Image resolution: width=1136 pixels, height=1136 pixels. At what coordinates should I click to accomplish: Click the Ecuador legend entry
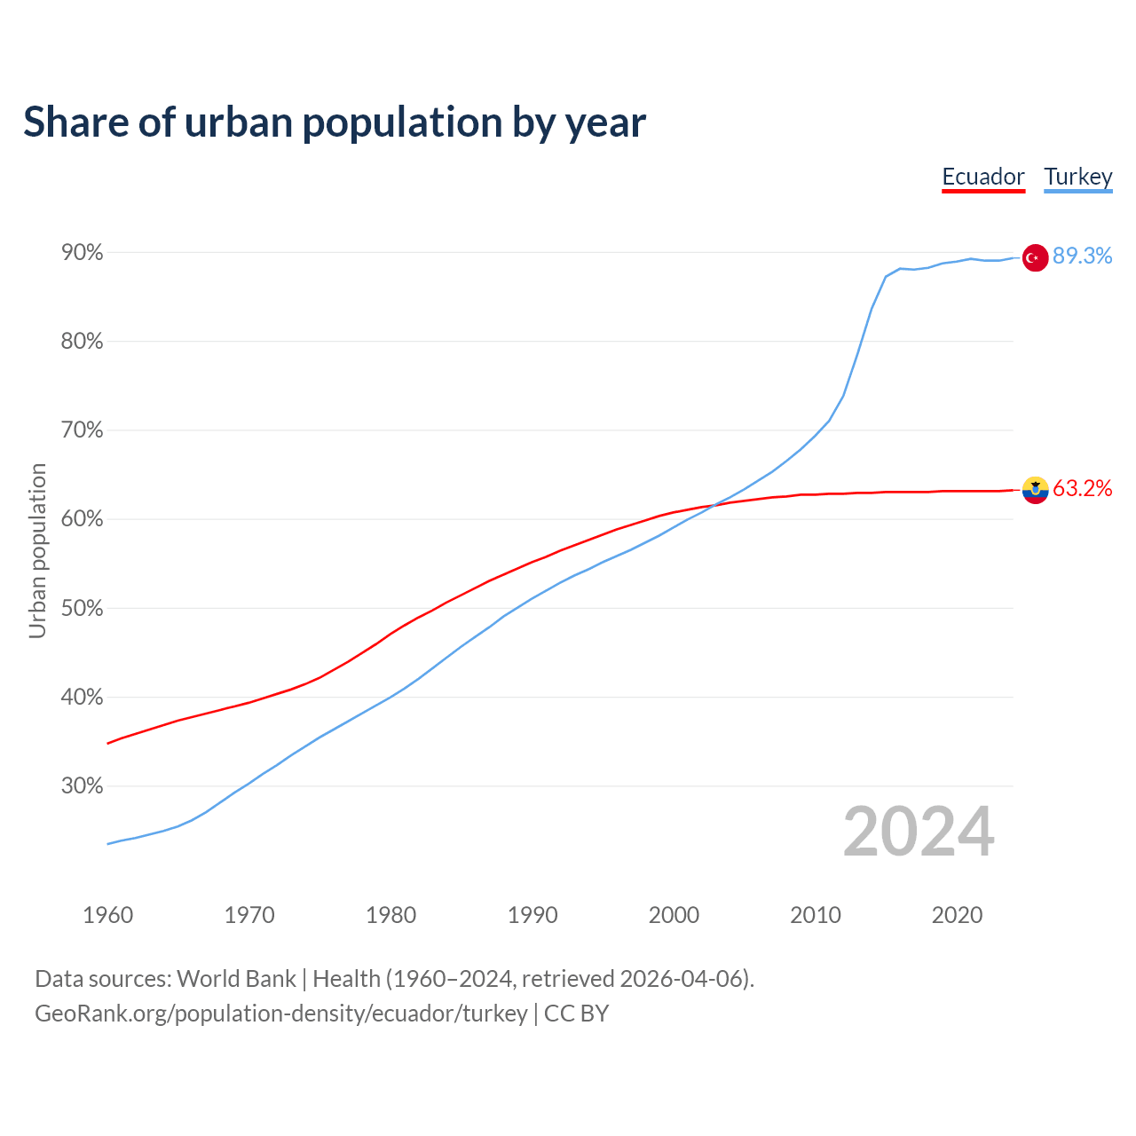coord(983,177)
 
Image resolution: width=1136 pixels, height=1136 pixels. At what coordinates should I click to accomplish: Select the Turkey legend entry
coord(1077,177)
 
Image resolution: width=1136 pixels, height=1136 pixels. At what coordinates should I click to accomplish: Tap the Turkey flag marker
coord(1035,257)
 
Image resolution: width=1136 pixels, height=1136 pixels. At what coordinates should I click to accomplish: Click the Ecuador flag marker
coord(1035,489)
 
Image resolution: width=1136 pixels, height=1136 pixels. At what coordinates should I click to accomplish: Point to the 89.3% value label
coord(1082,256)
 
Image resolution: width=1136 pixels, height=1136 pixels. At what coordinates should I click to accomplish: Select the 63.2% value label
coord(1082,489)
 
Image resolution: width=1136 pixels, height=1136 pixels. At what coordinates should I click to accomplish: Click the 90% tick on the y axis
coord(83,253)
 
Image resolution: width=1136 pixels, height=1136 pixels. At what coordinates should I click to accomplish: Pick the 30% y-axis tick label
coord(83,786)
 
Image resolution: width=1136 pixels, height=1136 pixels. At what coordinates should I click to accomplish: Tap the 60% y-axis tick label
coord(83,519)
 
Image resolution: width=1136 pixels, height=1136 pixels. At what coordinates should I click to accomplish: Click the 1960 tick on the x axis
coord(108,915)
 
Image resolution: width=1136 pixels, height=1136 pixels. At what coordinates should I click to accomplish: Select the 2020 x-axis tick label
coord(957,915)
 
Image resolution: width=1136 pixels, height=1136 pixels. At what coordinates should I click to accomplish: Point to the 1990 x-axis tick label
coord(532,915)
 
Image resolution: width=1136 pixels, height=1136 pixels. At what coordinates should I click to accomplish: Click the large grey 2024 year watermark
coord(919,832)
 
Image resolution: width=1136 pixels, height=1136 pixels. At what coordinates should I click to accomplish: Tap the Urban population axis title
coord(37,550)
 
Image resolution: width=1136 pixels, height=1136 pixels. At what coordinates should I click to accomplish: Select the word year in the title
coord(607,122)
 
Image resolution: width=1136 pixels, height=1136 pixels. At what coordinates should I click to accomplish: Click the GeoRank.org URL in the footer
coord(280,1014)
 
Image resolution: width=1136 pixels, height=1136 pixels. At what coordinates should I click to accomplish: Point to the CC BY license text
coord(576,1014)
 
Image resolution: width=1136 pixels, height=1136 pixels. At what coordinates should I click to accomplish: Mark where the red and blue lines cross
coord(714,505)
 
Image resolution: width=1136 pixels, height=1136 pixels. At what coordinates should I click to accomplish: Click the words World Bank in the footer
coord(236,979)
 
